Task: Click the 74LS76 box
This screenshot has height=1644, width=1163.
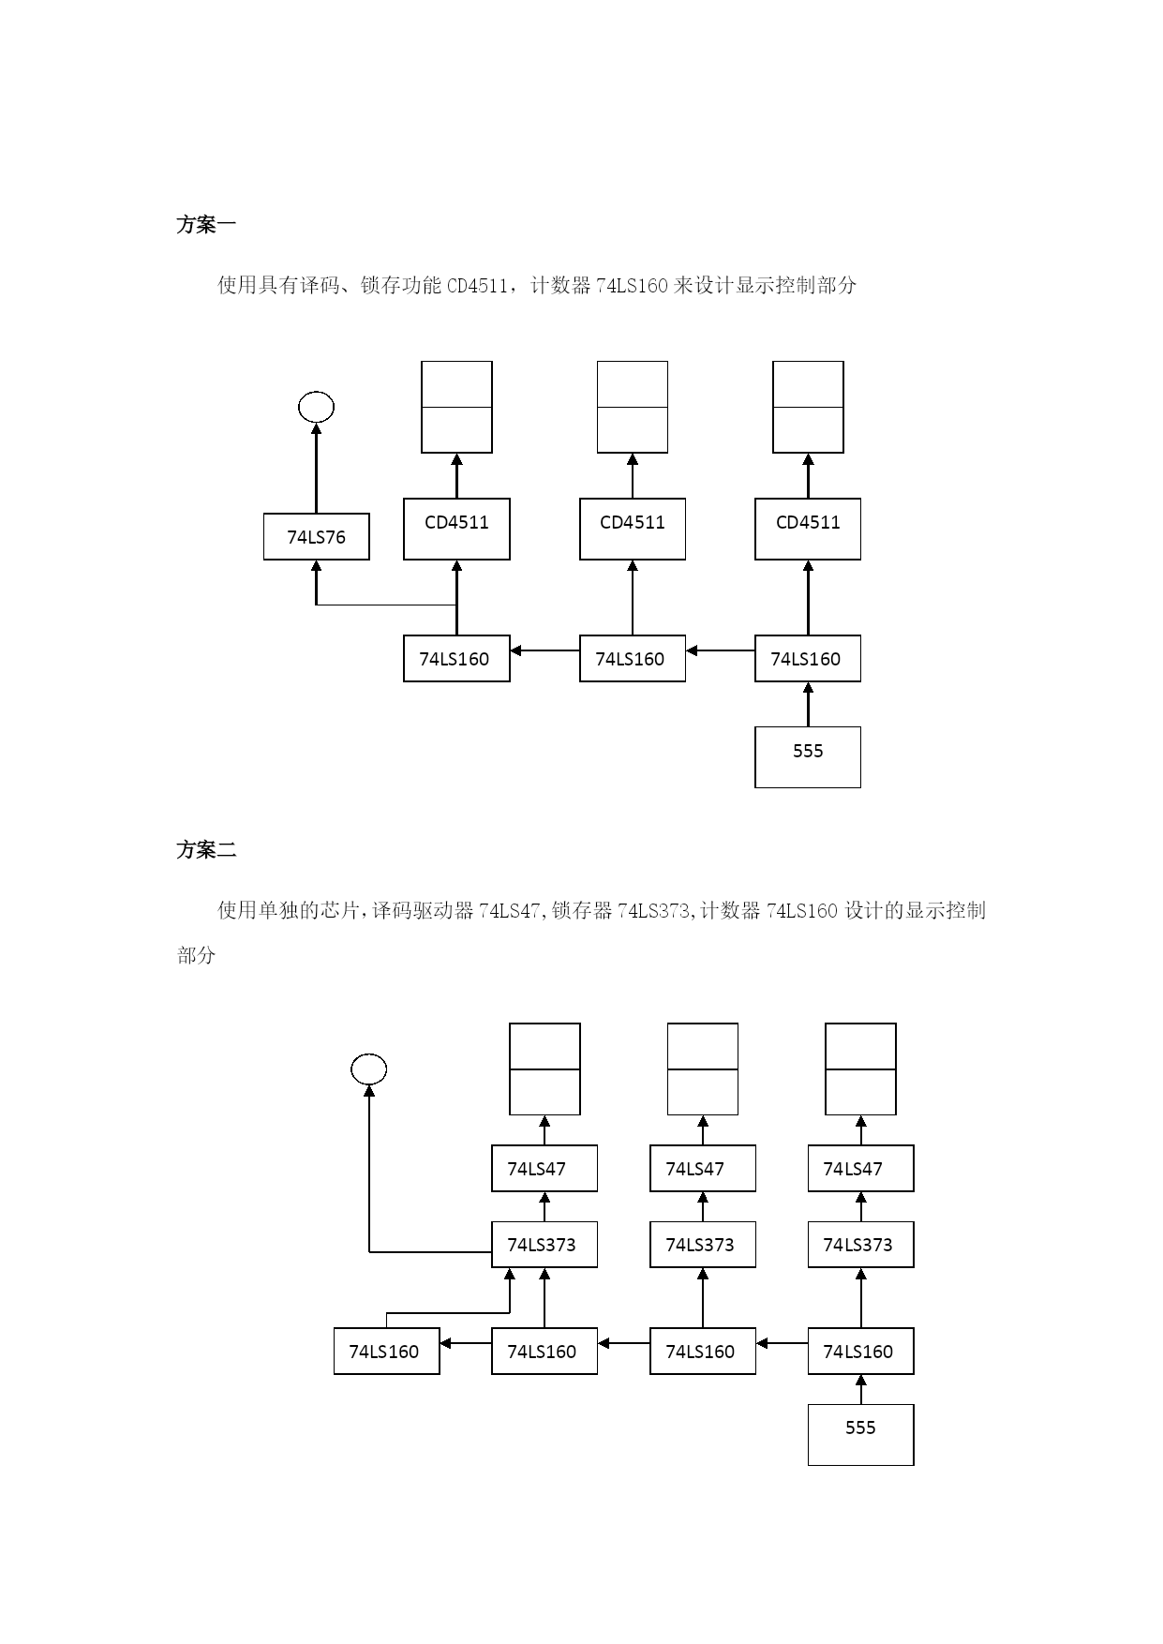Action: tap(316, 536)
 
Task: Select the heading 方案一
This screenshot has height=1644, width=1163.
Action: tap(206, 225)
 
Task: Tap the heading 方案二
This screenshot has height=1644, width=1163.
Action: tap(206, 850)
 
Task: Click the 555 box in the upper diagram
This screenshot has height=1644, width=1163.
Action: tap(808, 756)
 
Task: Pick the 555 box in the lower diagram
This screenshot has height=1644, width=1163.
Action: tap(860, 1434)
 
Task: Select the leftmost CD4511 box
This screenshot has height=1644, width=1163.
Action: tap(456, 529)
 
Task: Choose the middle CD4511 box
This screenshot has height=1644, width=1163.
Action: tap(633, 529)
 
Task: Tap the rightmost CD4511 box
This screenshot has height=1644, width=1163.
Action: tap(808, 529)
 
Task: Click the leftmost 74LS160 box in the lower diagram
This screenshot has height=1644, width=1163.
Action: tap(386, 1351)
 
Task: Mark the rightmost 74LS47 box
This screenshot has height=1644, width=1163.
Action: tap(860, 1168)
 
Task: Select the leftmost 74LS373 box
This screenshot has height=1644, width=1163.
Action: tap(544, 1244)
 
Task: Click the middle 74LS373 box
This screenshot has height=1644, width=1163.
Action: tap(703, 1244)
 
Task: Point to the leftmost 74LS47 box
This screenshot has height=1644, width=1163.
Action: tap(544, 1168)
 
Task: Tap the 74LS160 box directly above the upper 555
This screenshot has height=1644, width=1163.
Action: tap(808, 658)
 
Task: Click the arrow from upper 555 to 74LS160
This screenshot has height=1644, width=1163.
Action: tap(808, 705)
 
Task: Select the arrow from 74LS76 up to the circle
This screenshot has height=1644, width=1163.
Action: tap(316, 468)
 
